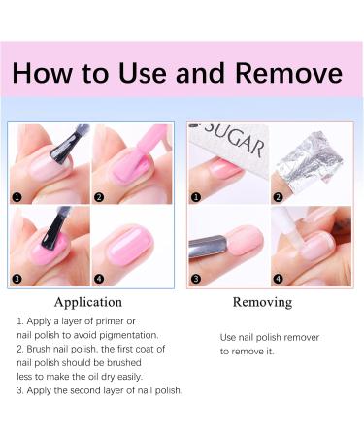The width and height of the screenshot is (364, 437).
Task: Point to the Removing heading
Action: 263,302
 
